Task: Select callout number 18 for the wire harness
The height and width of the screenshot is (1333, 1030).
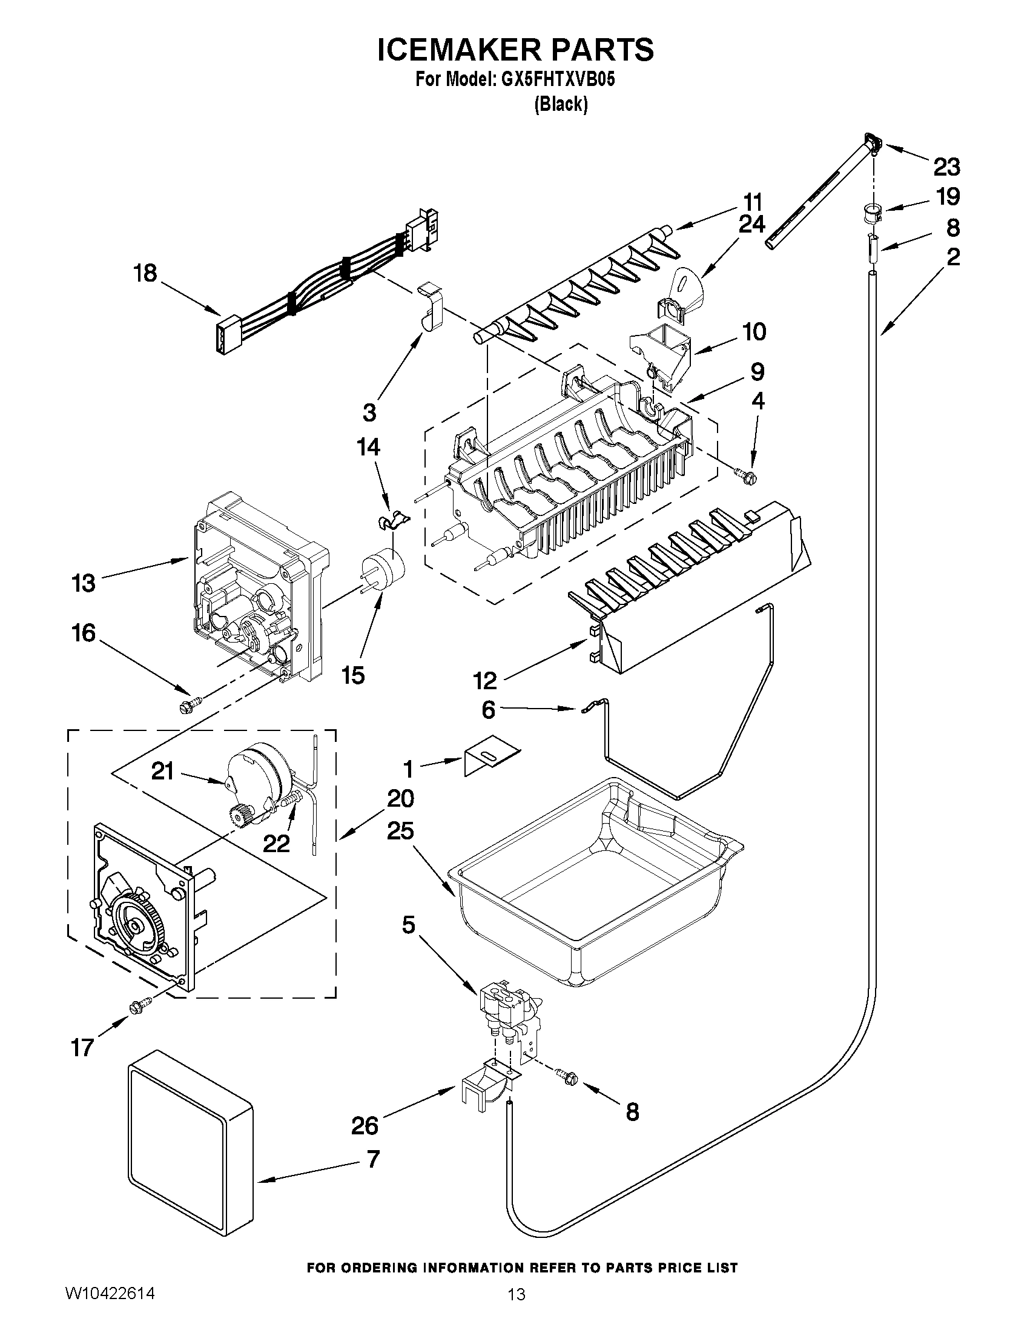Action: (145, 273)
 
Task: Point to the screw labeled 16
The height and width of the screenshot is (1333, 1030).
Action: (185, 707)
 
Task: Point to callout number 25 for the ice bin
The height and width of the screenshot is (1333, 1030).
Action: (400, 832)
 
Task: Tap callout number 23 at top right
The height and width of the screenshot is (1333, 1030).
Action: (946, 166)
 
